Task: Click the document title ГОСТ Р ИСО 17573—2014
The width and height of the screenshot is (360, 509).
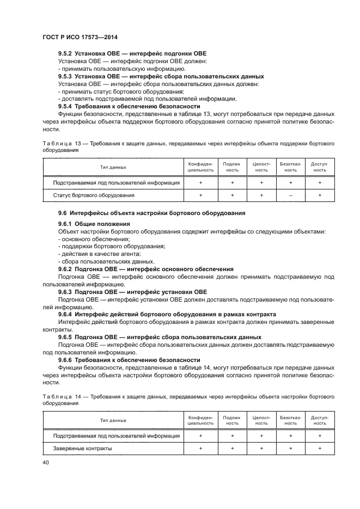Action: point(80,36)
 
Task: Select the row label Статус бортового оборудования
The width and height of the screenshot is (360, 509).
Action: point(94,195)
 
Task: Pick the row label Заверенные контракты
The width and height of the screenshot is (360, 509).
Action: point(83,448)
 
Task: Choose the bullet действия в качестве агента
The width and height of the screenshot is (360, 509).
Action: point(91,254)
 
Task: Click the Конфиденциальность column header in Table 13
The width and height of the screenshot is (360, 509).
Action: point(200,167)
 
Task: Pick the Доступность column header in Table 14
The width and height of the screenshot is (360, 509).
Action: point(319,420)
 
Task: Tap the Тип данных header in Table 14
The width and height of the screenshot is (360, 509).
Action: point(113,420)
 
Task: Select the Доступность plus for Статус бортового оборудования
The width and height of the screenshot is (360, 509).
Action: point(319,195)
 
